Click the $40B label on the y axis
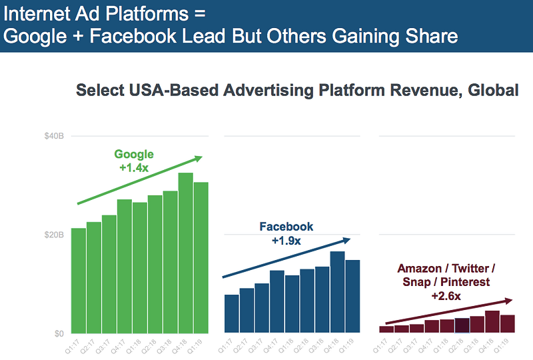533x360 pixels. [54, 136]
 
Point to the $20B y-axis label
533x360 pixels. [54, 235]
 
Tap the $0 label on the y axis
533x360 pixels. [59, 333]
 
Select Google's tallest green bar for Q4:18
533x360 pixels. [186, 253]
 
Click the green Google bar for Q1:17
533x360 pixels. [79, 281]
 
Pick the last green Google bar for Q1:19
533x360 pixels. [201, 257]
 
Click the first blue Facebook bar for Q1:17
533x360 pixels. [232, 313]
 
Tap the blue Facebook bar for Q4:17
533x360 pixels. [277, 301]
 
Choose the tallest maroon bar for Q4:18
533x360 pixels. [492, 322]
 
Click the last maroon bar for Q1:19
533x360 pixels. [508, 324]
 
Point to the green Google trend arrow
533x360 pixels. [140, 181]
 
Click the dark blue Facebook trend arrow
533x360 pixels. [286, 257]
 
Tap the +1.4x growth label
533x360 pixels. [134, 168]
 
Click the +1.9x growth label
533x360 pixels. [286, 240]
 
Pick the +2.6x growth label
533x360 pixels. [446, 295]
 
